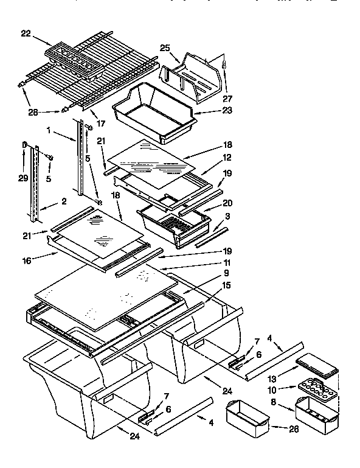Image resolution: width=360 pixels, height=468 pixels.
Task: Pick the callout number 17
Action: [x=101, y=124]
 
